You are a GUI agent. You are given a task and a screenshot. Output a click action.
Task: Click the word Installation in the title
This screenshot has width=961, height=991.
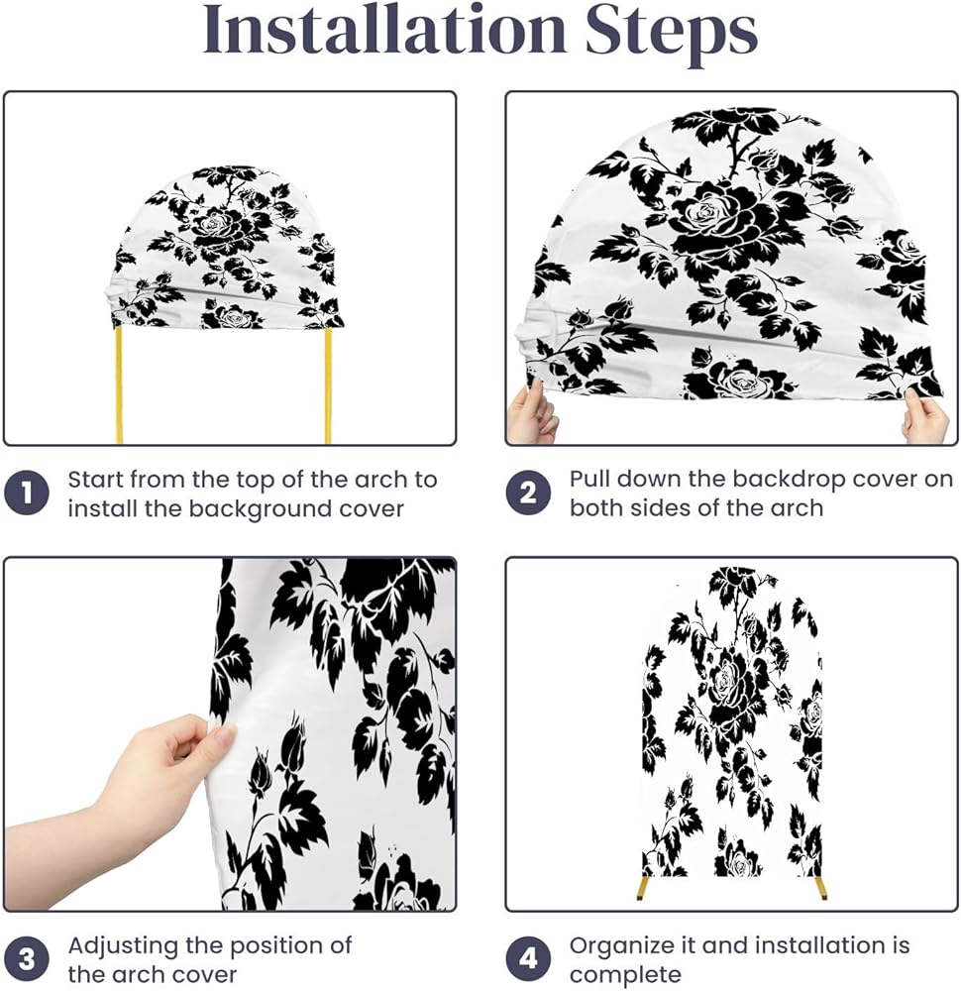[384, 30]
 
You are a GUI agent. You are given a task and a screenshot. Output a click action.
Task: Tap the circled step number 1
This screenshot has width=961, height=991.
[27, 493]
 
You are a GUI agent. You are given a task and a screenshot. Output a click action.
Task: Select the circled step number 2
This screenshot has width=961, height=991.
[528, 493]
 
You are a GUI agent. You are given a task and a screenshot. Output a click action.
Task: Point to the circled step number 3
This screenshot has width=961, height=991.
[27, 958]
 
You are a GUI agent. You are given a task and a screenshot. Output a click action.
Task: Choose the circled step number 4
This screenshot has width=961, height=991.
[528, 958]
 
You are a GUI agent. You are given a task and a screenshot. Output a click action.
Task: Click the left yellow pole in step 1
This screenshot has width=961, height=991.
[119, 386]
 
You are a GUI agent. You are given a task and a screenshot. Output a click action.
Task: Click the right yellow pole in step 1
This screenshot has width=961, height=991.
[328, 386]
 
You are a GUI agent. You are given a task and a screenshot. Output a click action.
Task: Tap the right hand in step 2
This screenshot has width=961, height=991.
[925, 417]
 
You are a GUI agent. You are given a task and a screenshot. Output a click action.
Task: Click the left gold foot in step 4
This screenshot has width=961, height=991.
[643, 886]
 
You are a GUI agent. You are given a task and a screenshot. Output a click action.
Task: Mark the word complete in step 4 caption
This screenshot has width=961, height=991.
[625, 974]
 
